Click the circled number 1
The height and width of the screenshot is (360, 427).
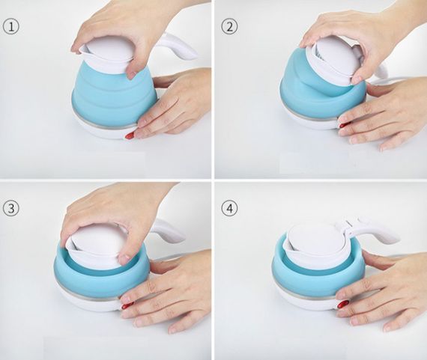pyautogui.click(x=11, y=27)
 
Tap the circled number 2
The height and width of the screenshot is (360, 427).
pyautogui.click(x=229, y=27)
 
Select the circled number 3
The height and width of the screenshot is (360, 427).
pyautogui.click(x=11, y=208)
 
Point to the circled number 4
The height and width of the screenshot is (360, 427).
pyautogui.click(x=229, y=208)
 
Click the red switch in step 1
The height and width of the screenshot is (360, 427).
pyautogui.click(x=130, y=135)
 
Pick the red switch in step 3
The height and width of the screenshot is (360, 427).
pyautogui.click(x=127, y=305)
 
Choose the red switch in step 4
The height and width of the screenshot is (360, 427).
pyautogui.click(x=344, y=303)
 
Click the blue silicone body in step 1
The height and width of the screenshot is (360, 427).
pyautogui.click(x=115, y=95)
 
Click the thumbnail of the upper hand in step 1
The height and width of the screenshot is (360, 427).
pyautogui.click(x=133, y=74)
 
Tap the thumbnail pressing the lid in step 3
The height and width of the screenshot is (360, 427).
pyautogui.click(x=124, y=259)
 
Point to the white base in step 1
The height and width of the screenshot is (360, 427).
pyautogui.click(x=103, y=131)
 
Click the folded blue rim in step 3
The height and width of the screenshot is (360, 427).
pyautogui.click(x=101, y=275)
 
